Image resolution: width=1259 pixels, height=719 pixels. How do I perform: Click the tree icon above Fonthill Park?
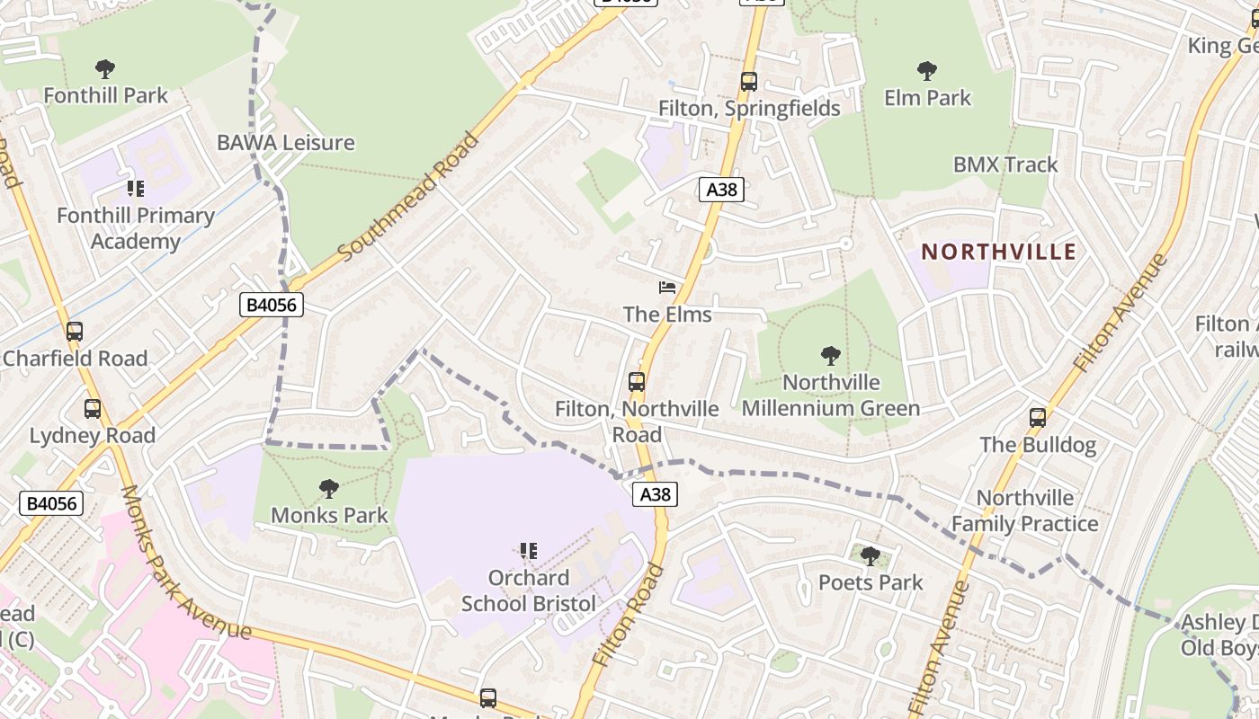click(x=105, y=69)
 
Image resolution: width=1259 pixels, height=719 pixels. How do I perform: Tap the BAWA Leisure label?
click(x=286, y=143)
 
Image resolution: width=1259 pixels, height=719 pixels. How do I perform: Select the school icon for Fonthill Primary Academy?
click(x=136, y=189)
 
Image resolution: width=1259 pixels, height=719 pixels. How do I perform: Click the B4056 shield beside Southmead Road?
click(x=272, y=305)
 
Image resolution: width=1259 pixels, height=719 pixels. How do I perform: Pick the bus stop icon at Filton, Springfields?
click(x=748, y=82)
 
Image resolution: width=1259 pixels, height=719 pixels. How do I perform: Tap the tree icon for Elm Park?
click(x=927, y=71)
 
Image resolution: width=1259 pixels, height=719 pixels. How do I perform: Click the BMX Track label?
click(x=1005, y=164)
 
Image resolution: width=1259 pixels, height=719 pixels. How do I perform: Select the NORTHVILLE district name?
click(x=998, y=252)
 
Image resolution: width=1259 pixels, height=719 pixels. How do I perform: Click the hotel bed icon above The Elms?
click(x=667, y=288)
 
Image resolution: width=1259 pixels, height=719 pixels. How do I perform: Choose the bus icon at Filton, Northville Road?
click(x=637, y=382)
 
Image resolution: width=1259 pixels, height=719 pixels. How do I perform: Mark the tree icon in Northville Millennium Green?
click(x=831, y=356)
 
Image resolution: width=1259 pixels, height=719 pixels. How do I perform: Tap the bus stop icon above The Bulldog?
click(x=1038, y=418)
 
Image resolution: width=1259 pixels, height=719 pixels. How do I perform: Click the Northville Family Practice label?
click(x=1024, y=510)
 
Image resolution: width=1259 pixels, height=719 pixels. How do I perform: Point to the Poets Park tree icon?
click(x=870, y=556)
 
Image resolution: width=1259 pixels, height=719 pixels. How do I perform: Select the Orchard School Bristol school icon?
click(x=529, y=550)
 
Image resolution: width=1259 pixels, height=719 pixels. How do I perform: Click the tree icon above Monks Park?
click(x=329, y=489)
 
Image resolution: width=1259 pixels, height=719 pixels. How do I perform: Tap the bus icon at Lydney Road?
click(x=92, y=409)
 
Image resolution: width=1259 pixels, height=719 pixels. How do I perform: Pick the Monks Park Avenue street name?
click(x=184, y=564)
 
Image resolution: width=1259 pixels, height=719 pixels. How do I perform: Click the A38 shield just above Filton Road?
click(x=655, y=494)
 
